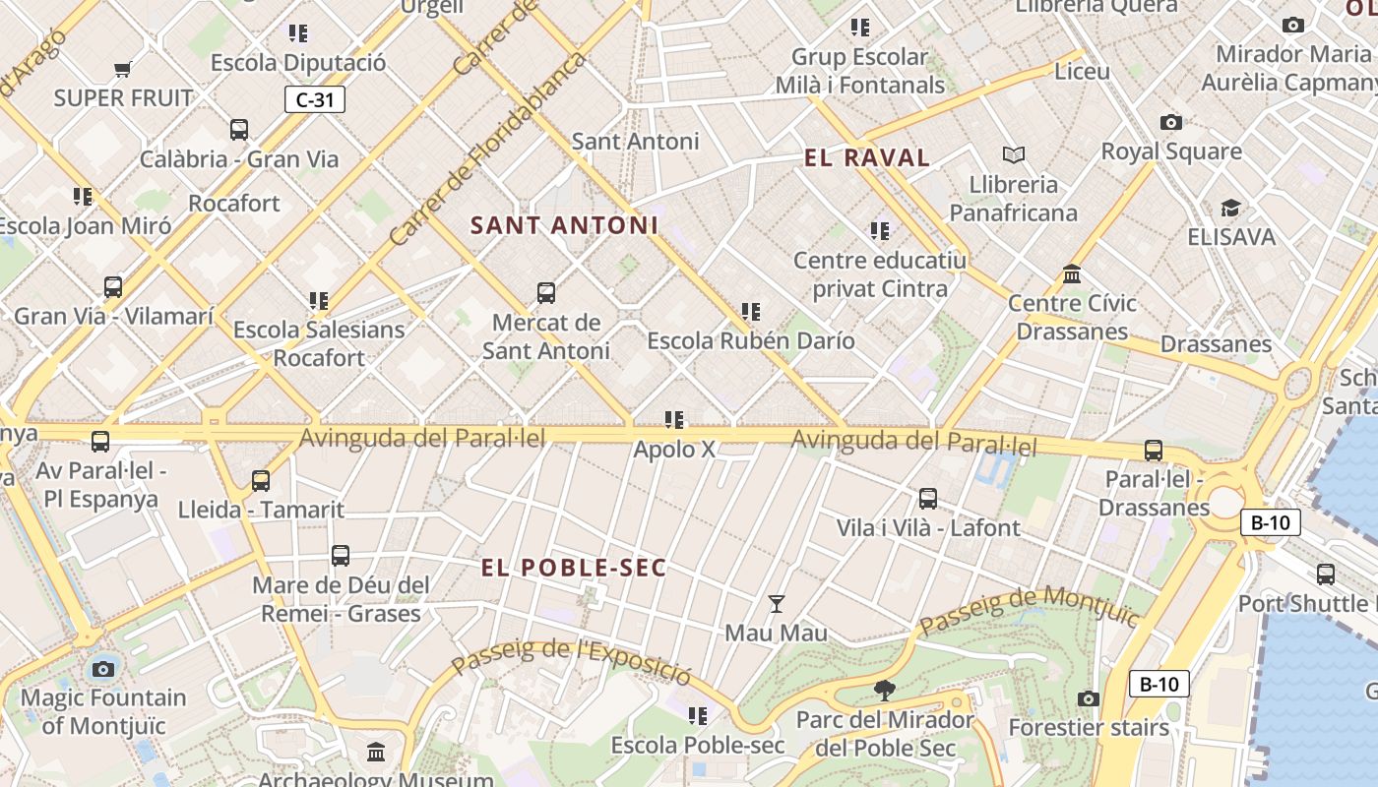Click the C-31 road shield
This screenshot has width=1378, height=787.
[x=315, y=99]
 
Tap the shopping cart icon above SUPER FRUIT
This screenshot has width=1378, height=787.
[x=123, y=69]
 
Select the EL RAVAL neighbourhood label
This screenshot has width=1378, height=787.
[x=867, y=157]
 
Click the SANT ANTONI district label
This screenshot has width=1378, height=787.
[x=564, y=225]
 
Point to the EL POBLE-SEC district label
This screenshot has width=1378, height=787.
[x=574, y=568]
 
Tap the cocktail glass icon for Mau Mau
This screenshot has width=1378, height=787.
[x=777, y=604]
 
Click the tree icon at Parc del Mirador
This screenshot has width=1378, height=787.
[x=885, y=691]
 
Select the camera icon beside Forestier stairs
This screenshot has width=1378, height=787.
[x=1088, y=698]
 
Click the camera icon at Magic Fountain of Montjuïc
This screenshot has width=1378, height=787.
[x=102, y=670]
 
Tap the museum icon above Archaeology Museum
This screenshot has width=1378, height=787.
[x=376, y=753]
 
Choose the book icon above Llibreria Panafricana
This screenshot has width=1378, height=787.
[x=1014, y=154]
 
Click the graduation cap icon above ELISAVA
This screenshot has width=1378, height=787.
[x=1230, y=208]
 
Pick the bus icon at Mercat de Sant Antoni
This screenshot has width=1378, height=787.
[x=546, y=292]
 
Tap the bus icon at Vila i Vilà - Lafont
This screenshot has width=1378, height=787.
[x=927, y=499]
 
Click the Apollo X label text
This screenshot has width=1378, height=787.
[x=674, y=450]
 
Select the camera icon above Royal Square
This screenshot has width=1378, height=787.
[x=1170, y=122]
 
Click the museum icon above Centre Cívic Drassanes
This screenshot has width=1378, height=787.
[x=1072, y=273]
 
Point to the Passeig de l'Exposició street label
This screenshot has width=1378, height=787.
[x=571, y=661]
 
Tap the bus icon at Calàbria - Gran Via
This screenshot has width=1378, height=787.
[x=239, y=129]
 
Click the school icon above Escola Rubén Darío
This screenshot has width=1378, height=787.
[x=751, y=312]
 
